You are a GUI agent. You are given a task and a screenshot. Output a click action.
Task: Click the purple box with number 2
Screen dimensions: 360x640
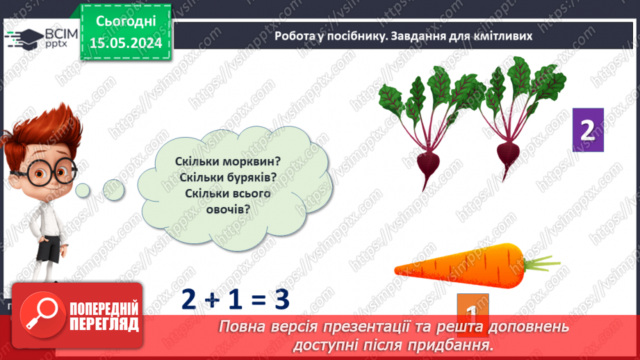(x=587, y=130)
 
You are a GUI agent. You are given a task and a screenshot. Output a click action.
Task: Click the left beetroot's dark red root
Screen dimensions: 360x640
(x=426, y=168)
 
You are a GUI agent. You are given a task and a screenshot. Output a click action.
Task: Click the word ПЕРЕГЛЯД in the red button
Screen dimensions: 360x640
(x=104, y=324)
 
